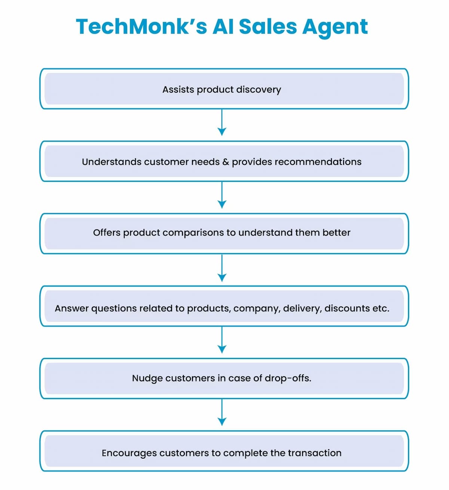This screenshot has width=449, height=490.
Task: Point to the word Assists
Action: click(x=178, y=90)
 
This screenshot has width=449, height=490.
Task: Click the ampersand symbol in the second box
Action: click(x=226, y=162)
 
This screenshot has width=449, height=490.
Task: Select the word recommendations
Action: click(x=318, y=162)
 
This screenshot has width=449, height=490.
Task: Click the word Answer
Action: click(x=71, y=308)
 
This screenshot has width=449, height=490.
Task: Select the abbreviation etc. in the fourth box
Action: click(x=381, y=308)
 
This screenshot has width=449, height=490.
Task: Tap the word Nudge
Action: click(x=147, y=378)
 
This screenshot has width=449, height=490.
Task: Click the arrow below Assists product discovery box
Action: click(x=222, y=123)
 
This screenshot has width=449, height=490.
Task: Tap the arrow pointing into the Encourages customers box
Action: click(x=222, y=413)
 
